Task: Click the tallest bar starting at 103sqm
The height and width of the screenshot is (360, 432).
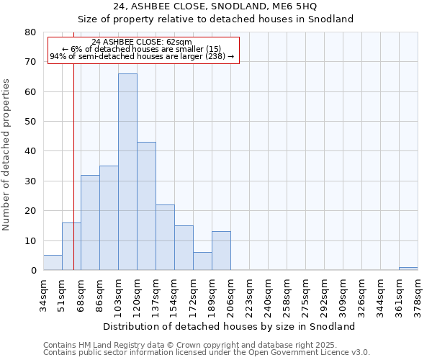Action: (127, 172)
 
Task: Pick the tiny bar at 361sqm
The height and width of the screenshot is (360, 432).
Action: (408, 269)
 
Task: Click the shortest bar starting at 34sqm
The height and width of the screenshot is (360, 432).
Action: (53, 263)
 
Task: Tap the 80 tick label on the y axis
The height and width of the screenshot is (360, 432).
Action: (30, 32)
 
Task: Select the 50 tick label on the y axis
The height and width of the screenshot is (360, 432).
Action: (30, 122)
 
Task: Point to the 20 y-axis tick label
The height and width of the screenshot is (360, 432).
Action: (30, 211)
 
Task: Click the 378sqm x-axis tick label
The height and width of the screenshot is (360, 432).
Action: (418, 294)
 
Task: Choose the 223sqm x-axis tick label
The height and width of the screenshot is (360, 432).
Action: (250, 294)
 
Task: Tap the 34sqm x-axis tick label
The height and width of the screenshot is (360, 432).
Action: (44, 294)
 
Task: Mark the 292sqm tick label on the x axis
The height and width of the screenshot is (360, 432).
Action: (325, 294)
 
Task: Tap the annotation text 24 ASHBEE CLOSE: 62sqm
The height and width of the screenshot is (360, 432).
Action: (142, 42)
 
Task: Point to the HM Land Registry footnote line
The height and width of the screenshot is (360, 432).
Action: (190, 345)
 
